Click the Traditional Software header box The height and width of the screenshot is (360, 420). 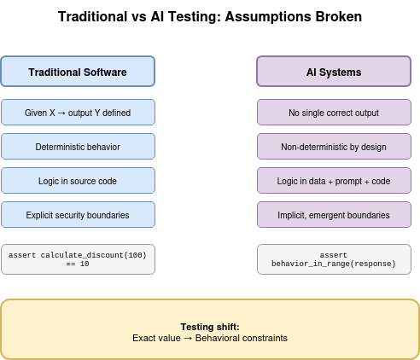click(x=78, y=72)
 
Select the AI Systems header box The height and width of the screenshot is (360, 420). click(x=333, y=72)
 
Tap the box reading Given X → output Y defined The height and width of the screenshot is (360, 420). click(x=78, y=113)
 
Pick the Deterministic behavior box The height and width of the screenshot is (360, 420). click(x=78, y=147)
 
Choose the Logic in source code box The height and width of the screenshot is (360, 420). click(x=78, y=181)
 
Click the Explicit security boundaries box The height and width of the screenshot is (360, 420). click(x=78, y=215)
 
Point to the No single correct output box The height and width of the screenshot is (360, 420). click(x=333, y=113)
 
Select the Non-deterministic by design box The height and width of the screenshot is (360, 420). click(x=333, y=147)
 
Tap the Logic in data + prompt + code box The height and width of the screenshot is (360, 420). click(x=333, y=181)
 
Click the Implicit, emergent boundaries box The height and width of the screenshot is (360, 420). click(x=333, y=215)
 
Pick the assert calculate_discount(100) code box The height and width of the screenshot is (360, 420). click(x=78, y=259)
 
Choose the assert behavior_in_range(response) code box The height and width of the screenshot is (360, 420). click(x=333, y=259)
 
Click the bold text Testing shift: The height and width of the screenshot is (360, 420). click(x=210, y=327)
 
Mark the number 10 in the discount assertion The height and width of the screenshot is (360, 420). click(x=84, y=264)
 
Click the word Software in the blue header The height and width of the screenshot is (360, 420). click(x=106, y=73)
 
